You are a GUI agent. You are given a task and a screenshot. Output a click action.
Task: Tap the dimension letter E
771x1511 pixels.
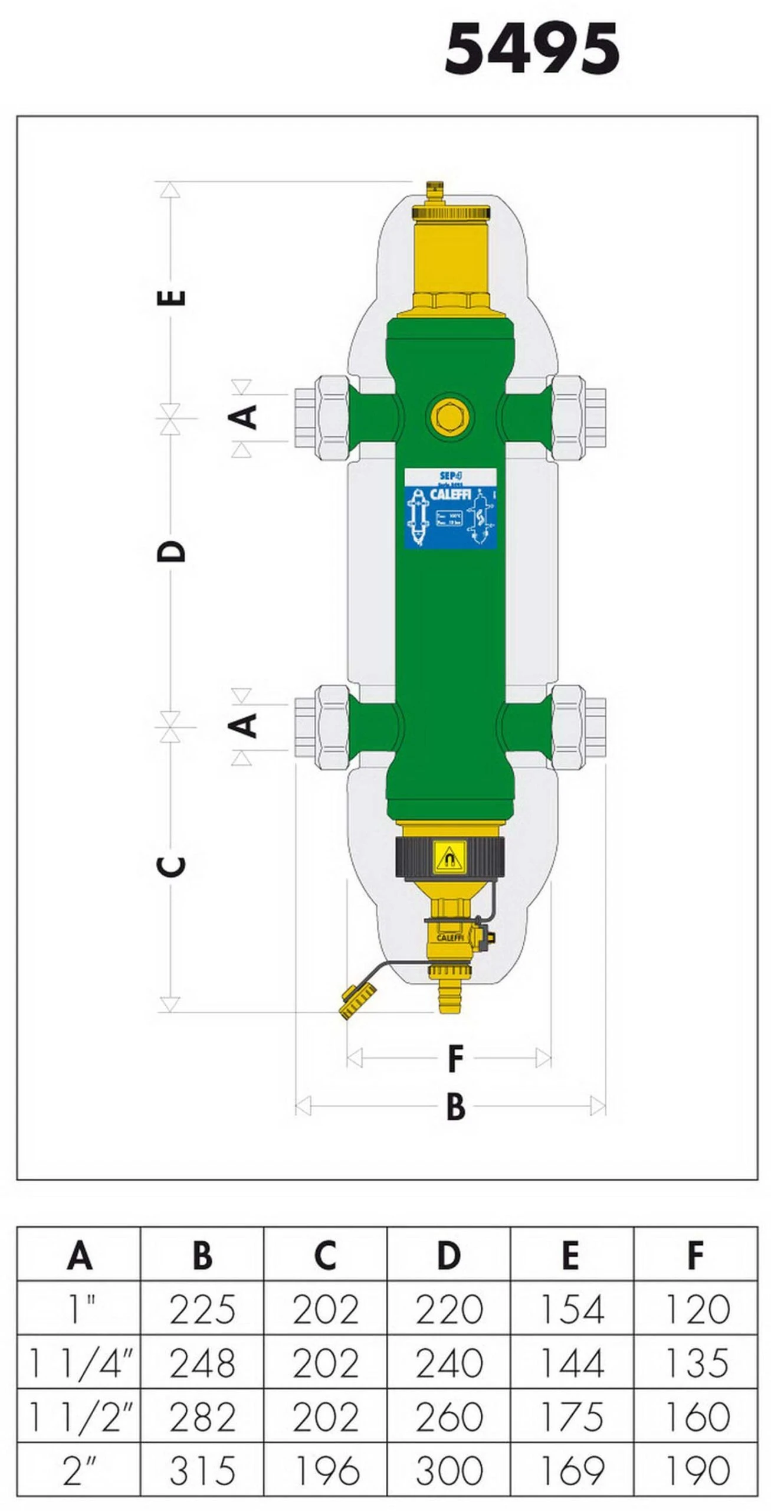172,297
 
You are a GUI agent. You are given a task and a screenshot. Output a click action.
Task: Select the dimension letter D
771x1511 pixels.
172,551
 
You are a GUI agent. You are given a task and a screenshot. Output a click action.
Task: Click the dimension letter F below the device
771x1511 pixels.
455,1059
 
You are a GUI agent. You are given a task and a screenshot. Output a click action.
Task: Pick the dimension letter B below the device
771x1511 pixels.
455,1107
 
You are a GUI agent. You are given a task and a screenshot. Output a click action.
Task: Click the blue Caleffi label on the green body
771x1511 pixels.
451,508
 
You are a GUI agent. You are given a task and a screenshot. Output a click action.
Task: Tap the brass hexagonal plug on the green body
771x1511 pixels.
450,416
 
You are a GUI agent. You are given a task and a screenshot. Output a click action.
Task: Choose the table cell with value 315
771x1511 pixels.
202,1471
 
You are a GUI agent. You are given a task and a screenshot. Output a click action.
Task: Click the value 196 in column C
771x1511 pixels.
326,1471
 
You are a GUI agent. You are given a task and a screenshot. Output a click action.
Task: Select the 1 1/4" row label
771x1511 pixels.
80,1363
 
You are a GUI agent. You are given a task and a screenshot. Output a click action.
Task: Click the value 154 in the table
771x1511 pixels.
572,1310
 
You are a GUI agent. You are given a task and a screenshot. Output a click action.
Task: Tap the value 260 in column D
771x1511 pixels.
449,1417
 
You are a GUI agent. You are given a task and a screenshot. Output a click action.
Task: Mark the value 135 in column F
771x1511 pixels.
696,1363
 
